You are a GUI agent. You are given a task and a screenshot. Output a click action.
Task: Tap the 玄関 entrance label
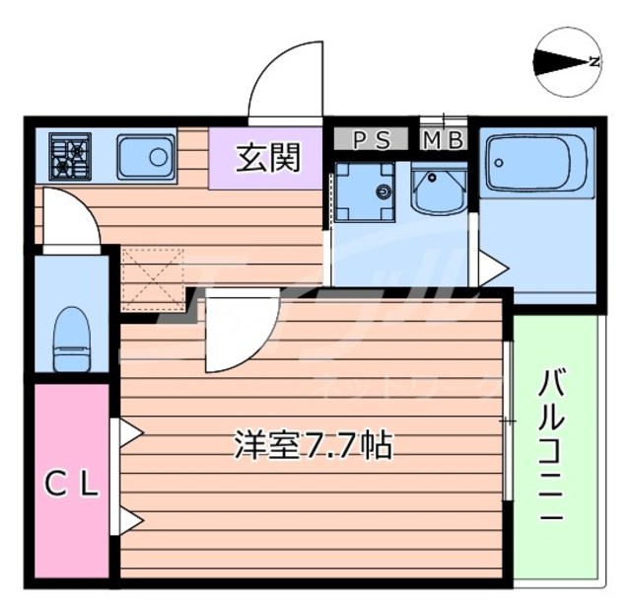(267, 158)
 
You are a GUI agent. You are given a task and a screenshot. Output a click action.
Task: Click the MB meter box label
(444, 140)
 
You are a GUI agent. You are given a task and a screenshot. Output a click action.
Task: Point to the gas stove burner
(70, 156)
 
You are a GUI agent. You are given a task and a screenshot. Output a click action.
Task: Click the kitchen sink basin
(145, 155)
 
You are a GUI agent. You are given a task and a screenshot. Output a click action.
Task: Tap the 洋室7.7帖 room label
(313, 446)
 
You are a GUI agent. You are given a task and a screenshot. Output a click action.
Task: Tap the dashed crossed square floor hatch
(153, 278)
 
